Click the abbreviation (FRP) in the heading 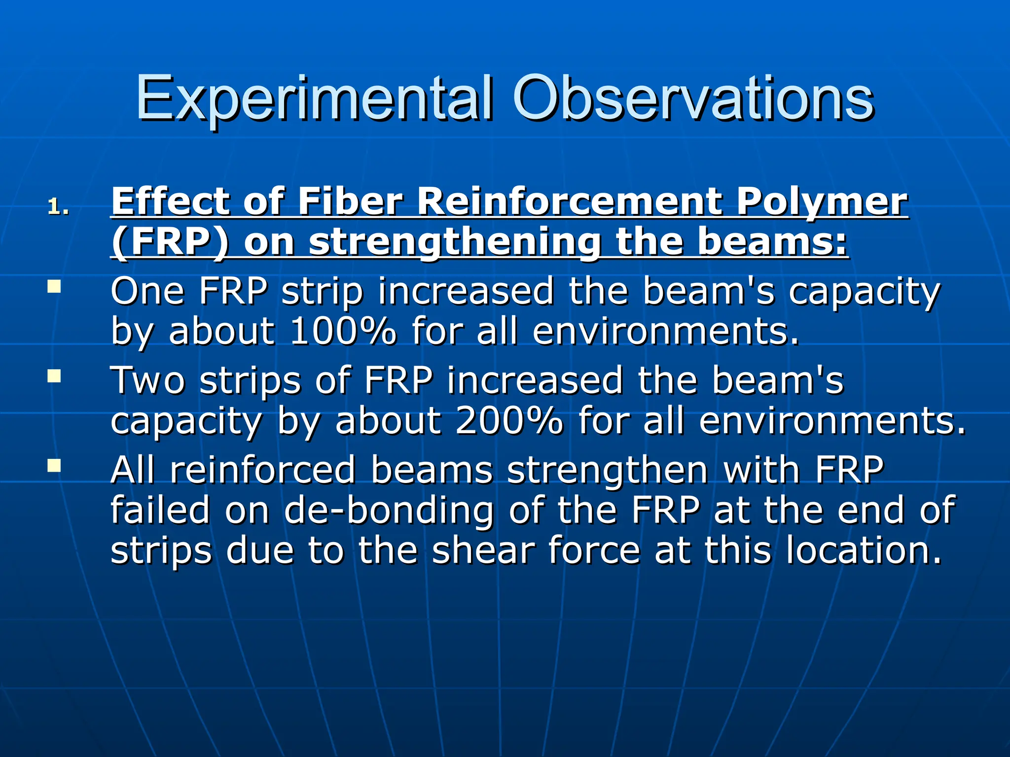(170, 242)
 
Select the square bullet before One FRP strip (54, 286)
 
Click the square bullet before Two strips (54, 377)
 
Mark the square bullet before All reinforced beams (54, 466)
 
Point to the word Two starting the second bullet (147, 380)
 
